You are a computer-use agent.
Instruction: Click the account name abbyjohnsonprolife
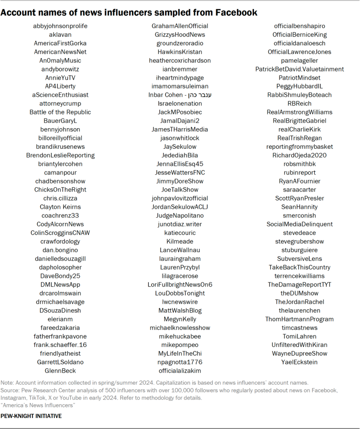point(60,26)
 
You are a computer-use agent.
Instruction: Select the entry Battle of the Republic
point(60,112)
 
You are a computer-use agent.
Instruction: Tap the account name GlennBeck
point(60,371)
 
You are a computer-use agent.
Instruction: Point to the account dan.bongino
point(60,250)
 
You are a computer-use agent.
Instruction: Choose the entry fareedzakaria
point(60,328)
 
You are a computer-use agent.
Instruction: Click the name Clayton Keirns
point(60,207)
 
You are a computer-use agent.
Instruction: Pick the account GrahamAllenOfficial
point(180,26)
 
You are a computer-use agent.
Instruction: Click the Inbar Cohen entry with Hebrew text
point(180,95)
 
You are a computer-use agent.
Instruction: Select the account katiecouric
point(180,233)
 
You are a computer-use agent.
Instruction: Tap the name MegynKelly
point(180,319)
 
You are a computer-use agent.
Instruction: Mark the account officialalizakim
point(180,371)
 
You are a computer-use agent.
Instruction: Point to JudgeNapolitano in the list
point(180,216)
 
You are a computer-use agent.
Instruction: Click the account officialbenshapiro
point(300,26)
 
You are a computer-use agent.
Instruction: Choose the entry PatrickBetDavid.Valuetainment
point(300,69)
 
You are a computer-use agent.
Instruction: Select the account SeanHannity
point(300,207)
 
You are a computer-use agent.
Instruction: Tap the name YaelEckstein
point(300,362)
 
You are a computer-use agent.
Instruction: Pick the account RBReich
point(300,103)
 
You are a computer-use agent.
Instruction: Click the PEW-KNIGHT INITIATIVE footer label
point(31,416)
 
